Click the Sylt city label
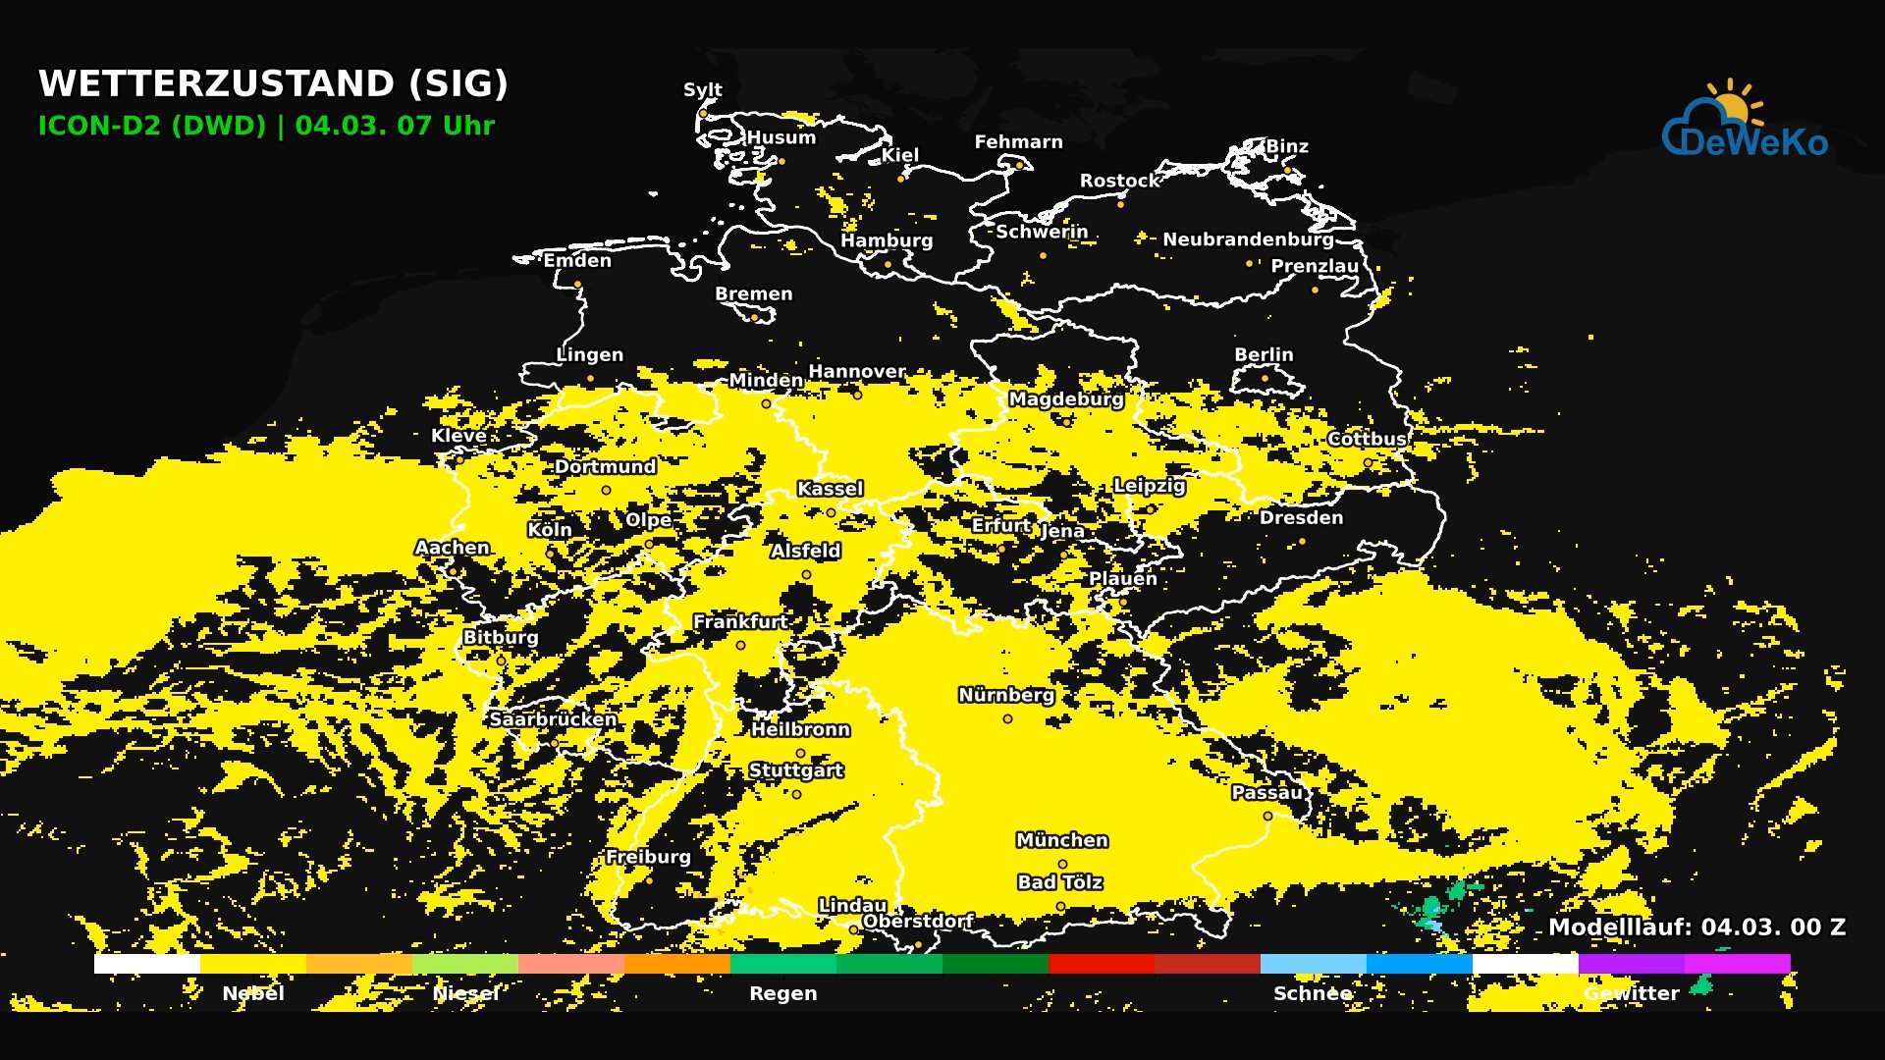point(702,89)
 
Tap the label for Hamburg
point(886,240)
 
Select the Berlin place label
point(1264,354)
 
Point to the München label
point(1061,840)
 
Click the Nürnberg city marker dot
point(1007,719)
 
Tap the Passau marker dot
point(1267,817)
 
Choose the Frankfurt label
point(739,621)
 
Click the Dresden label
point(1301,517)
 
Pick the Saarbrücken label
point(553,719)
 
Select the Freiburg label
point(648,857)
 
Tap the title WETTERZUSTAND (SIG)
point(273,83)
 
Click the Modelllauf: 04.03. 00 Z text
point(1696,927)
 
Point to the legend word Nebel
point(253,993)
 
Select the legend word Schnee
point(1313,993)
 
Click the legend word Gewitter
point(1632,993)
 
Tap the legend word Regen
point(782,993)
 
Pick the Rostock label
point(1119,181)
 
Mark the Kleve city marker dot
point(459,458)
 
